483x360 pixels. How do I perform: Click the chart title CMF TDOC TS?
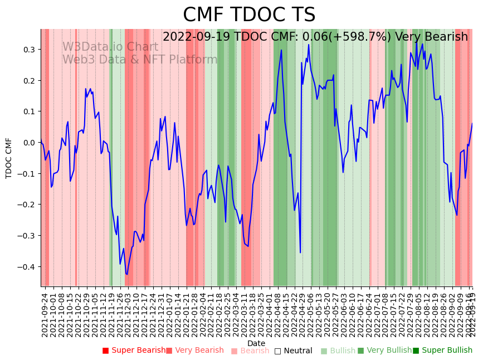tap(249, 15)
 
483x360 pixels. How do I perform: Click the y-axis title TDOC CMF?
tap(9, 158)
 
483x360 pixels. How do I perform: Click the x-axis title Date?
tap(256, 343)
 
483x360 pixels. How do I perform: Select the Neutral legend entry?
tap(293, 351)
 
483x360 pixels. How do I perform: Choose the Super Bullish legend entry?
tap(442, 351)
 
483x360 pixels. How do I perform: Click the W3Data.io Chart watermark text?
tap(110, 47)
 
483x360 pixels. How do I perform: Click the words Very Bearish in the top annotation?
tap(431, 37)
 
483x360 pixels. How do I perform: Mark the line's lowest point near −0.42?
tap(127, 274)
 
